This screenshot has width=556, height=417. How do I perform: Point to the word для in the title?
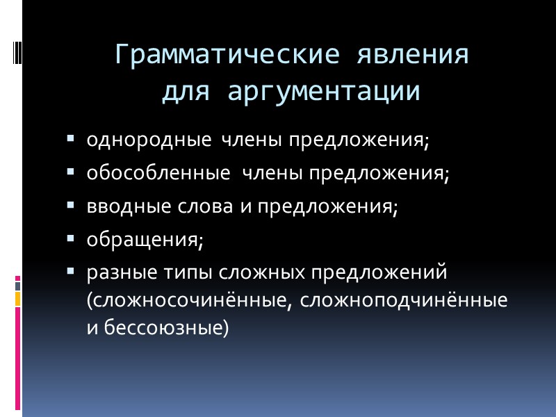[x=183, y=92]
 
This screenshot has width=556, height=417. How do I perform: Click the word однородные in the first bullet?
[x=148, y=140]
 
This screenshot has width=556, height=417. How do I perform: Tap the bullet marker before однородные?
[x=71, y=140]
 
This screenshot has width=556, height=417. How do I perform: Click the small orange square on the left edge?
[x=18, y=299]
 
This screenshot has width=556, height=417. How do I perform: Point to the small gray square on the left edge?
[x=18, y=285]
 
